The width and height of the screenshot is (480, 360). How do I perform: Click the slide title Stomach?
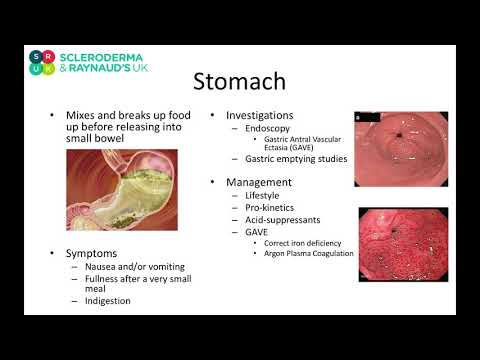(238, 81)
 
